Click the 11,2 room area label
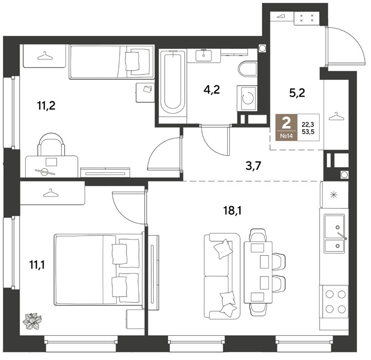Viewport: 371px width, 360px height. (x=46, y=105)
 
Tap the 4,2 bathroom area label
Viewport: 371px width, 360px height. (x=212, y=90)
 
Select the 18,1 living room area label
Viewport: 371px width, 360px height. (x=232, y=210)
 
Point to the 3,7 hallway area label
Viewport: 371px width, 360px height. (x=253, y=166)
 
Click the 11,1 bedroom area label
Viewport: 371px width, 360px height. (x=37, y=264)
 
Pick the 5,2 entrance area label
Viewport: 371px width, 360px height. (x=297, y=93)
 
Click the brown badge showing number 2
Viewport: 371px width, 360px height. (x=286, y=127)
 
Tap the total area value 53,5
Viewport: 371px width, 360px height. (x=308, y=132)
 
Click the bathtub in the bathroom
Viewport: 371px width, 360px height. (x=173, y=82)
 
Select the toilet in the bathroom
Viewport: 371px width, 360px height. (x=247, y=69)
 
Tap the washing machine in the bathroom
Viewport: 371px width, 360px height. (x=247, y=98)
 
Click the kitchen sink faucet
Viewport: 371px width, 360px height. (x=342, y=236)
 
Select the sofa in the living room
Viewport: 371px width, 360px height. (x=222, y=276)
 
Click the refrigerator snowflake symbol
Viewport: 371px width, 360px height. (x=333, y=195)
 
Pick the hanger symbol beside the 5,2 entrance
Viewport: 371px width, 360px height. (x=336, y=116)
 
